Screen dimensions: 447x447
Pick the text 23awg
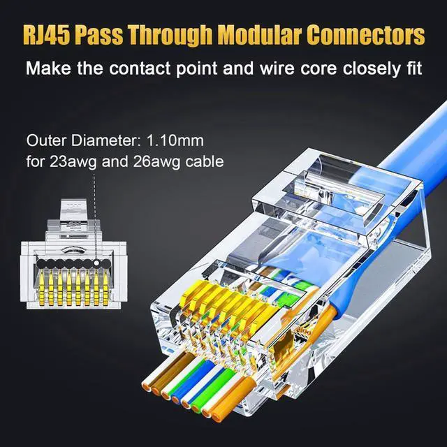coord(67,163)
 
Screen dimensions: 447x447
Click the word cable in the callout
coord(204,163)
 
